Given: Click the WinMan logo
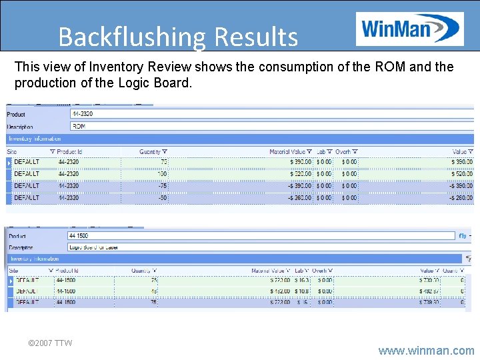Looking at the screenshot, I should [x=409, y=28].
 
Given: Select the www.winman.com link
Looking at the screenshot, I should [x=426, y=350].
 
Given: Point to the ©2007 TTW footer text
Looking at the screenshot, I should [x=50, y=343].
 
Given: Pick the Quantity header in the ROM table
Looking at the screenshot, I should [x=153, y=151].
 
